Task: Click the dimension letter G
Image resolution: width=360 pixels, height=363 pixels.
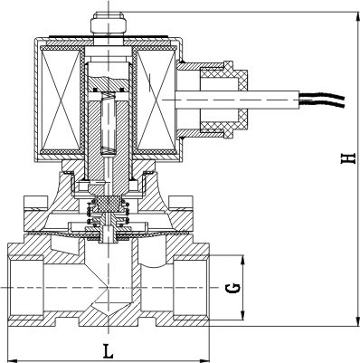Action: point(233,289)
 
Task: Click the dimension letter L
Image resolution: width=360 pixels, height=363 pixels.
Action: point(108,351)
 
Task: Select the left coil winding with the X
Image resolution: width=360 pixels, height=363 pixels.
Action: point(61,100)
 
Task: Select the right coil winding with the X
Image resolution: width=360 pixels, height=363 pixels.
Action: point(156,100)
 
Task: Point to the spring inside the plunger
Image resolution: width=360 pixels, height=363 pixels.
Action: point(108,123)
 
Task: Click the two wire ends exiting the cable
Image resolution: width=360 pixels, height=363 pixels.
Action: point(322,100)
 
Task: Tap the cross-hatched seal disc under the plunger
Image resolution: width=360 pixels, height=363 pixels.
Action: point(109,205)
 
